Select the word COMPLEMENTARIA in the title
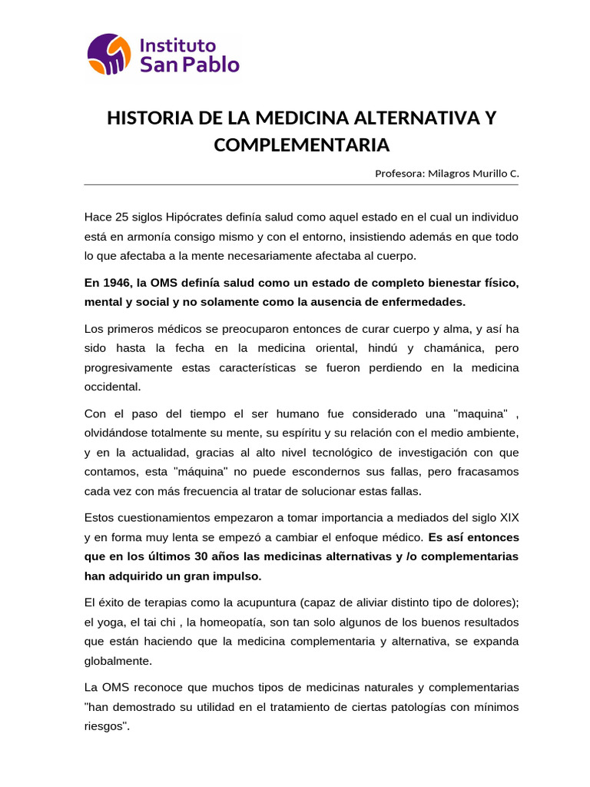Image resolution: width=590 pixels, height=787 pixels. pyautogui.click(x=301, y=144)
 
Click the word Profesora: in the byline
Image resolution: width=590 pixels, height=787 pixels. pyautogui.click(x=398, y=174)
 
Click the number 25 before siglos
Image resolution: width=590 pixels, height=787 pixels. pyautogui.click(x=118, y=217)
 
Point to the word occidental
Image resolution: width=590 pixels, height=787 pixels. pyautogui.click(x=114, y=387)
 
